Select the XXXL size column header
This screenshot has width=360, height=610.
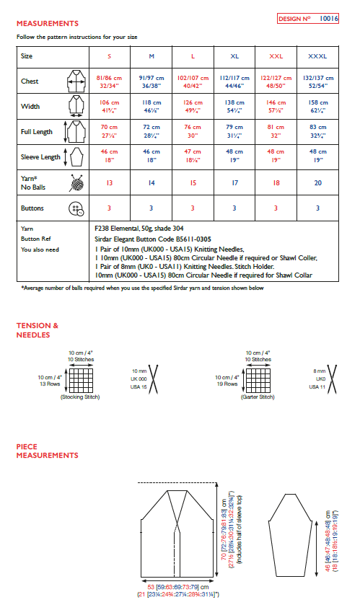(317, 56)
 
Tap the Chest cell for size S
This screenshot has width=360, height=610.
(108, 81)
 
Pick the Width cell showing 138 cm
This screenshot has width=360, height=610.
(234, 107)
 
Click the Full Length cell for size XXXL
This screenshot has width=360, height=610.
(317, 133)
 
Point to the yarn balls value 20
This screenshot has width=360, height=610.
(317, 183)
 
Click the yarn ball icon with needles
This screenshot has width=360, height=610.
(74, 182)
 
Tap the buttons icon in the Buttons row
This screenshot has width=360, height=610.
(74, 208)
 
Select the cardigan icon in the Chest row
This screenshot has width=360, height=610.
(74, 82)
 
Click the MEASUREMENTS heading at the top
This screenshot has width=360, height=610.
(48, 24)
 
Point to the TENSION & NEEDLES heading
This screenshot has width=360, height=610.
(38, 330)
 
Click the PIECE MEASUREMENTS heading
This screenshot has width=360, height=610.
(47, 451)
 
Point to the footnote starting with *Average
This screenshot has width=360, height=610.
(141, 288)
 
